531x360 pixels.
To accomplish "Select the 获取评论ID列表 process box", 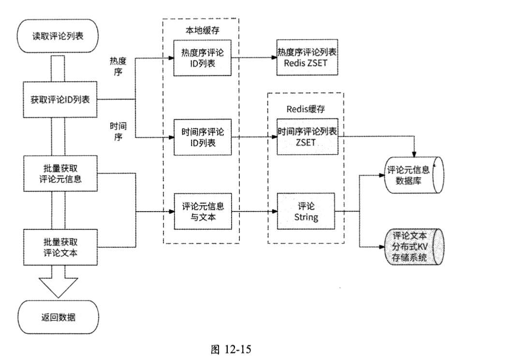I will click(x=58, y=100).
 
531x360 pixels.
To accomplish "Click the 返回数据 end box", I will click(x=58, y=317).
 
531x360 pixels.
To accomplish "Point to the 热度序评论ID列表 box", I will click(x=202, y=58).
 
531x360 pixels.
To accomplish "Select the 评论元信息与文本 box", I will click(x=202, y=211).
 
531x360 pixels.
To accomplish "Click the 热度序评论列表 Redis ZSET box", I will click(x=307, y=58).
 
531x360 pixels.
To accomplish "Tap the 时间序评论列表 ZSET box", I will click(x=307, y=137).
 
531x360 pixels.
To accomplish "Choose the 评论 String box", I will click(x=307, y=211).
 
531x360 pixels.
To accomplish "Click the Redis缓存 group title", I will click(x=306, y=109).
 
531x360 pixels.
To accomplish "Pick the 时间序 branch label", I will click(x=118, y=131).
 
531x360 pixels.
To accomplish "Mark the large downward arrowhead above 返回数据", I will click(x=58, y=288).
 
